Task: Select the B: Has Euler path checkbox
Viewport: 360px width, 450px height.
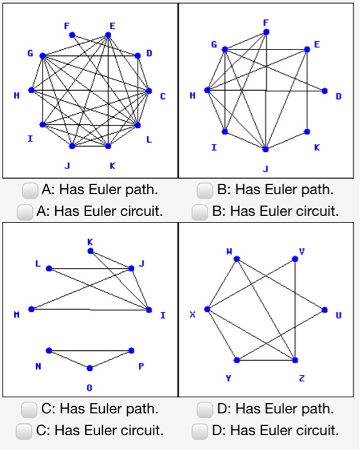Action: click(x=204, y=190)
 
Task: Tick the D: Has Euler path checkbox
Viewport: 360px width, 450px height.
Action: click(x=204, y=409)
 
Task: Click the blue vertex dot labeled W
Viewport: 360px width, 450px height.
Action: click(x=237, y=259)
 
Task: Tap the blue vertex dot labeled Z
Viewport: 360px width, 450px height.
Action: click(x=295, y=359)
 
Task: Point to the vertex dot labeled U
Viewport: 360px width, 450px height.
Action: click(x=324, y=309)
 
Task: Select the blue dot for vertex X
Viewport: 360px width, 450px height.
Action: click(x=207, y=309)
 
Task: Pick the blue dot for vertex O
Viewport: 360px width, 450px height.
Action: click(x=90, y=368)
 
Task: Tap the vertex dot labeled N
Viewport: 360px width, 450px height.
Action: click(x=49, y=350)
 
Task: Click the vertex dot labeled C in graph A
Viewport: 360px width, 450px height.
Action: click(x=149, y=90)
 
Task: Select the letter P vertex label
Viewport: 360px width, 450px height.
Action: click(x=141, y=365)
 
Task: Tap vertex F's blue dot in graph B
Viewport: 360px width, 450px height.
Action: click(x=266, y=31)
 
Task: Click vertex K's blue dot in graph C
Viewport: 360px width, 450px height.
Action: click(x=90, y=251)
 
